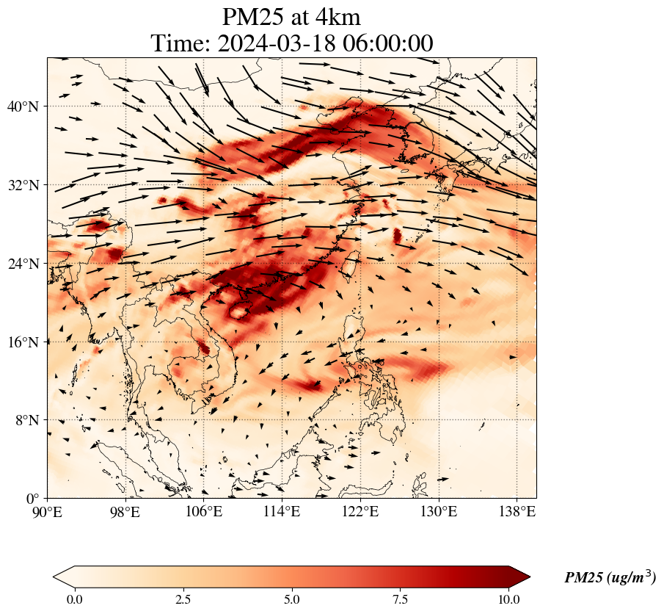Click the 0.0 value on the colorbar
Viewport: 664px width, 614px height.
pos(74,599)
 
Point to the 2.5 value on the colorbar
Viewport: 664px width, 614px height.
pos(183,599)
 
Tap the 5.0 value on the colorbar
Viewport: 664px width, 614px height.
pos(292,599)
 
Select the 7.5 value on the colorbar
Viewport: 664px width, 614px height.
pos(401,599)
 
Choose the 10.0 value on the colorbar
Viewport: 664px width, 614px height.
pos(509,599)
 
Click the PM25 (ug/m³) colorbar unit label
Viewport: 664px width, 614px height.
pos(610,578)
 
